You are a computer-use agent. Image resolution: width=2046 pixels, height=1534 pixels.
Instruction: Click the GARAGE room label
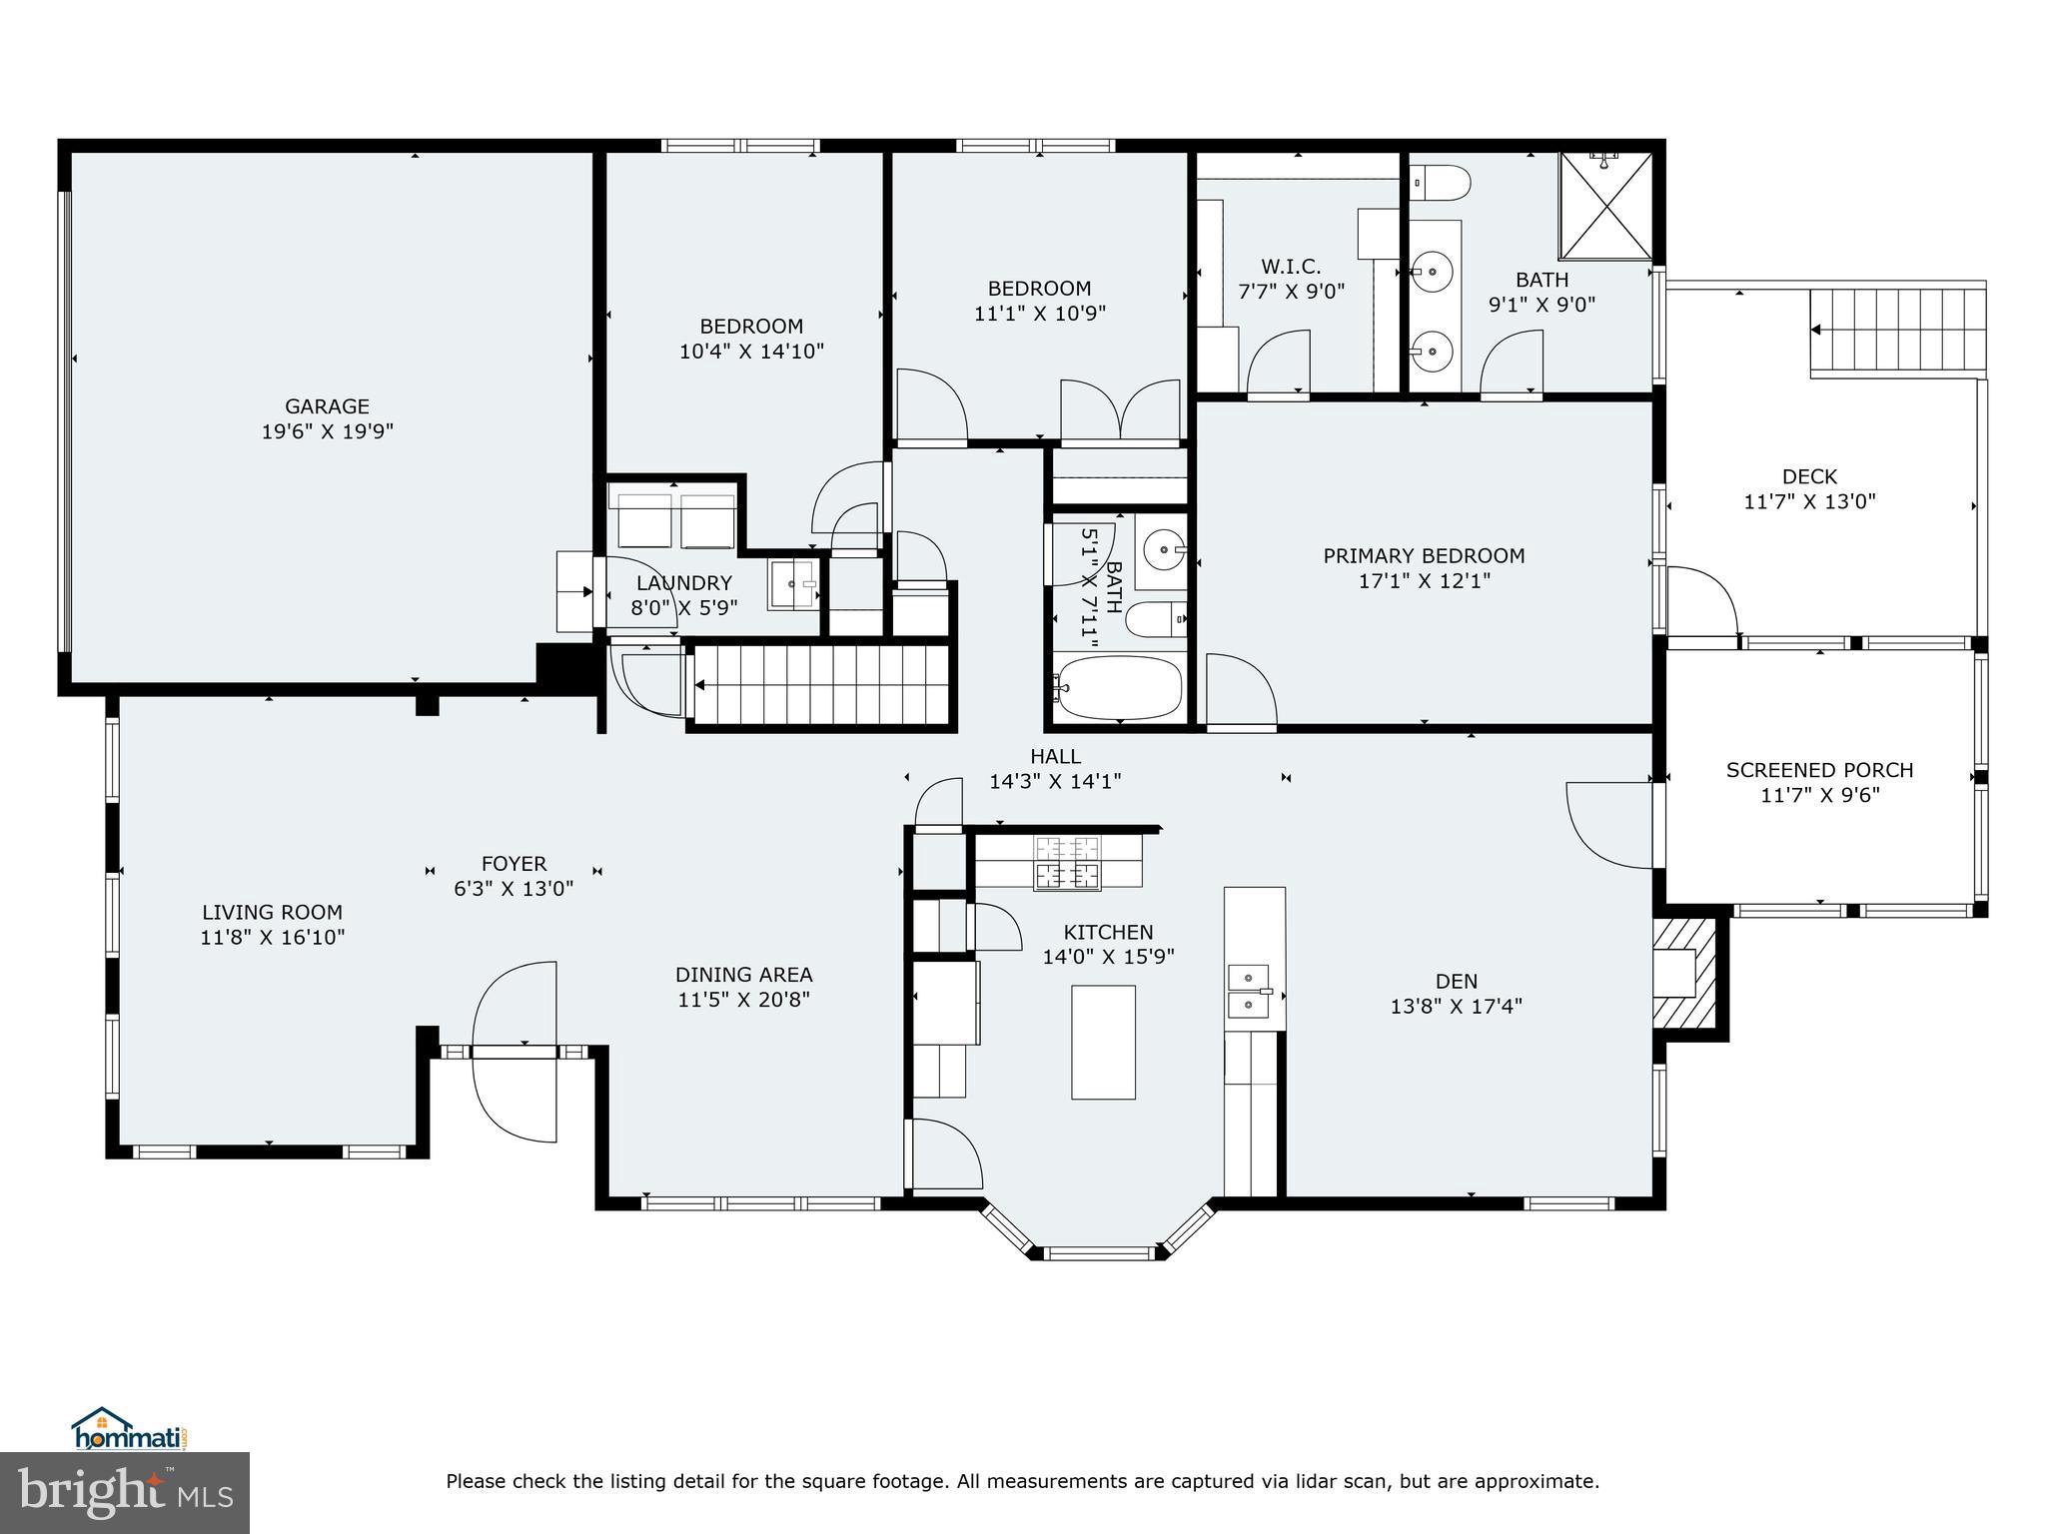[327, 406]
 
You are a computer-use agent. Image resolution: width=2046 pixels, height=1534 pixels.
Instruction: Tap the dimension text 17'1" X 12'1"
[1424, 581]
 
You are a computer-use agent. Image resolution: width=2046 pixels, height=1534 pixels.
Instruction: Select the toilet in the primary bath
[1440, 184]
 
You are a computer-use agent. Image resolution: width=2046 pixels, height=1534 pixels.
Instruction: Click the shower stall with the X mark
[1605, 207]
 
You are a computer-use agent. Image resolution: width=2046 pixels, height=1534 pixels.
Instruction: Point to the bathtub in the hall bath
[1120, 687]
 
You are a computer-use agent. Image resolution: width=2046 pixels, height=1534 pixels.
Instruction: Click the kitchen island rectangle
[1103, 1042]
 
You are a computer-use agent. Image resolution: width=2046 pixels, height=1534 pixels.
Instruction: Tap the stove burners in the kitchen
[1068, 862]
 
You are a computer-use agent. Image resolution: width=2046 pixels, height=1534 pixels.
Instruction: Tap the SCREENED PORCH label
[1819, 770]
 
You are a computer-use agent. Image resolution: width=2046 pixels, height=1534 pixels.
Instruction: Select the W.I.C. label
[1291, 267]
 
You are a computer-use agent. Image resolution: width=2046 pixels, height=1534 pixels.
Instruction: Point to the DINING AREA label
[743, 975]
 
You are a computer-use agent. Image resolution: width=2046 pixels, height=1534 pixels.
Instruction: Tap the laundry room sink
[794, 585]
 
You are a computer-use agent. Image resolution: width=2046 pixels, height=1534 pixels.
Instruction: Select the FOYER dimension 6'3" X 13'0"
[513, 889]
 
